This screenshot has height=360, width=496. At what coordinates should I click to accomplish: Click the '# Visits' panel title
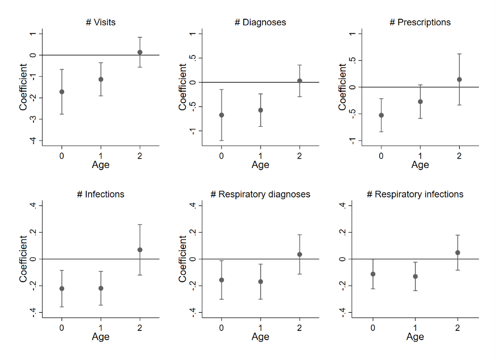click(100, 22)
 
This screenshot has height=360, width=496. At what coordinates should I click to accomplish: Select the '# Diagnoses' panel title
click(260, 22)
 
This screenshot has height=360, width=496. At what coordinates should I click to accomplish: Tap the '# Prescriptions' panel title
click(420, 22)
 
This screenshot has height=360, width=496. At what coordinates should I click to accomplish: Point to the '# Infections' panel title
click(100, 194)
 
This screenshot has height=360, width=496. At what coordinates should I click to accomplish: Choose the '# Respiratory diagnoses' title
click(260, 194)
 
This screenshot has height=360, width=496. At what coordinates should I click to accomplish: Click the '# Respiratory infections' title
click(415, 194)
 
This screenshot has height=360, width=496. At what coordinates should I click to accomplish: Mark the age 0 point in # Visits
click(62, 92)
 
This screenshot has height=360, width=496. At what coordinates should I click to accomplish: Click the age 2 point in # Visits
click(140, 53)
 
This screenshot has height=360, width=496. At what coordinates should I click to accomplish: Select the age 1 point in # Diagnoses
click(261, 110)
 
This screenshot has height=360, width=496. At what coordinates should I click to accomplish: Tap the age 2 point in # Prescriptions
click(459, 80)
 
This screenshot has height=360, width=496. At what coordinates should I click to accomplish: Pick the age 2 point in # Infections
click(140, 250)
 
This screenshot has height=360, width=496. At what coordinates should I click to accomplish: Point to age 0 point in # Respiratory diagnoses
click(222, 280)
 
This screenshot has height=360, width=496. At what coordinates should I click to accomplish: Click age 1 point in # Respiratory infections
click(415, 277)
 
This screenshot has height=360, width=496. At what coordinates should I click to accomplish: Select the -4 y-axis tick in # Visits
click(33, 140)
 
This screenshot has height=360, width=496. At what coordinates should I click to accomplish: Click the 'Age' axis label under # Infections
click(100, 336)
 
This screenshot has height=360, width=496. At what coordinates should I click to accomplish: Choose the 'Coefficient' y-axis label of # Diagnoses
click(183, 86)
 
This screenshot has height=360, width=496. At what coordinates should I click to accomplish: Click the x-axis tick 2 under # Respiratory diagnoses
click(300, 328)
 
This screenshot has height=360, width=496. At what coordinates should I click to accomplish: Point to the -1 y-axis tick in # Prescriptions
click(352, 140)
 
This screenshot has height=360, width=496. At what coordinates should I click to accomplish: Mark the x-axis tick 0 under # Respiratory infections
click(373, 328)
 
